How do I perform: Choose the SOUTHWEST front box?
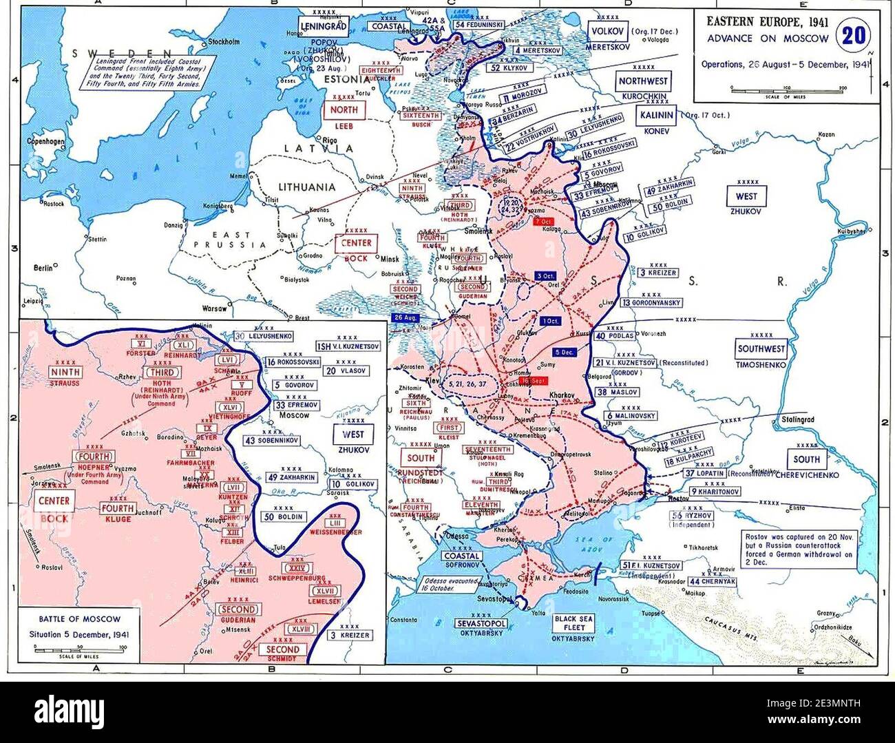point(761,349)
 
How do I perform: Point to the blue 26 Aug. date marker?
point(406,317)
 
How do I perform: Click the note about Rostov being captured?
point(799,547)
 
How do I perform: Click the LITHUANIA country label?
point(306,187)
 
